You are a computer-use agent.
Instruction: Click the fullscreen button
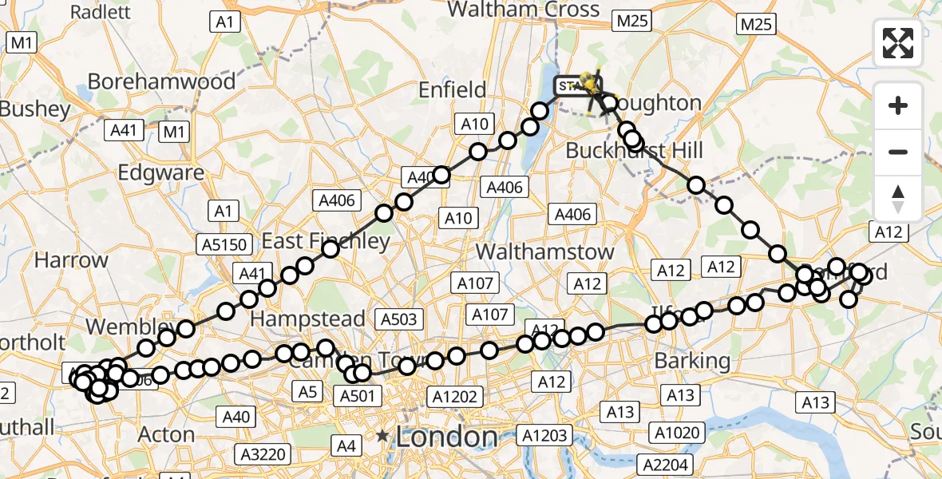pyautogui.click(x=898, y=43)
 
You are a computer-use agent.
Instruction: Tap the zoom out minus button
pyautogui.click(x=898, y=152)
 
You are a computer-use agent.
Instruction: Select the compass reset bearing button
pyautogui.click(x=898, y=198)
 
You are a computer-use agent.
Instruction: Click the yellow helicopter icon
pyautogui.click(x=590, y=81)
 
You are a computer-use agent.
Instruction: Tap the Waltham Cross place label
pyautogui.click(x=524, y=10)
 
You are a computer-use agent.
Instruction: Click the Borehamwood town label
pyautogui.click(x=162, y=81)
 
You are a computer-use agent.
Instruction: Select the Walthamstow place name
pyautogui.click(x=545, y=251)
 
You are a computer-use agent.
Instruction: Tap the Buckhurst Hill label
pyautogui.click(x=634, y=151)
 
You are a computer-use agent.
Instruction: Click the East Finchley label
pyautogui.click(x=326, y=241)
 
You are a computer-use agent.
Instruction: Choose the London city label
pyautogui.click(x=446, y=437)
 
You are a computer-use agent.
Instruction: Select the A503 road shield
pyautogui.click(x=398, y=319)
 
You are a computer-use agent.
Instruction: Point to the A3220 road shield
pyautogui.click(x=263, y=454)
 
